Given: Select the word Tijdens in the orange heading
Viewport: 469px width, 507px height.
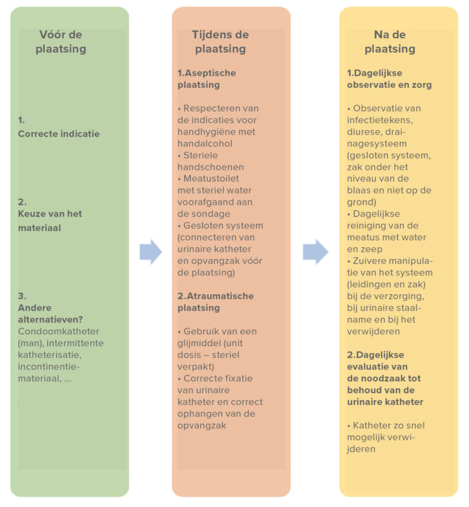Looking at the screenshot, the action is (x=210, y=34).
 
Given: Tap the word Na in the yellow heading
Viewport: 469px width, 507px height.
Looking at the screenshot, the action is (x=381, y=34).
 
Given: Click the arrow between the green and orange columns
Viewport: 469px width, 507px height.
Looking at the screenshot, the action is (x=151, y=252).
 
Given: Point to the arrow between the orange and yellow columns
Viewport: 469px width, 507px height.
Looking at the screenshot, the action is (x=315, y=252).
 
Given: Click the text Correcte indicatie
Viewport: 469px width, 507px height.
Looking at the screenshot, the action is (x=59, y=133).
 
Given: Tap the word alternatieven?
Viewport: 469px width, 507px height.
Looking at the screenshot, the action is (x=51, y=319).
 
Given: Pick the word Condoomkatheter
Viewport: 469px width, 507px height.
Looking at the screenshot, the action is (x=58, y=331).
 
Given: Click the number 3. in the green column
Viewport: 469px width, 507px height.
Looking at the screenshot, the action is (x=23, y=296).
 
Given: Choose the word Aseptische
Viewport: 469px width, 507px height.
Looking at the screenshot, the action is (x=210, y=73).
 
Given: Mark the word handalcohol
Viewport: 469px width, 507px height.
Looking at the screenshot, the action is (x=204, y=143).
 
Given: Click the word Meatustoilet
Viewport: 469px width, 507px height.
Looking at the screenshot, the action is (x=211, y=178).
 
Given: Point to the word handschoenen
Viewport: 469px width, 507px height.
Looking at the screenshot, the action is (x=211, y=167).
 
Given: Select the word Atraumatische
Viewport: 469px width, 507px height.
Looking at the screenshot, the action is (x=220, y=296).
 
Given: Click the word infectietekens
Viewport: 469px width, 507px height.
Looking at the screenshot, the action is (x=380, y=120).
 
